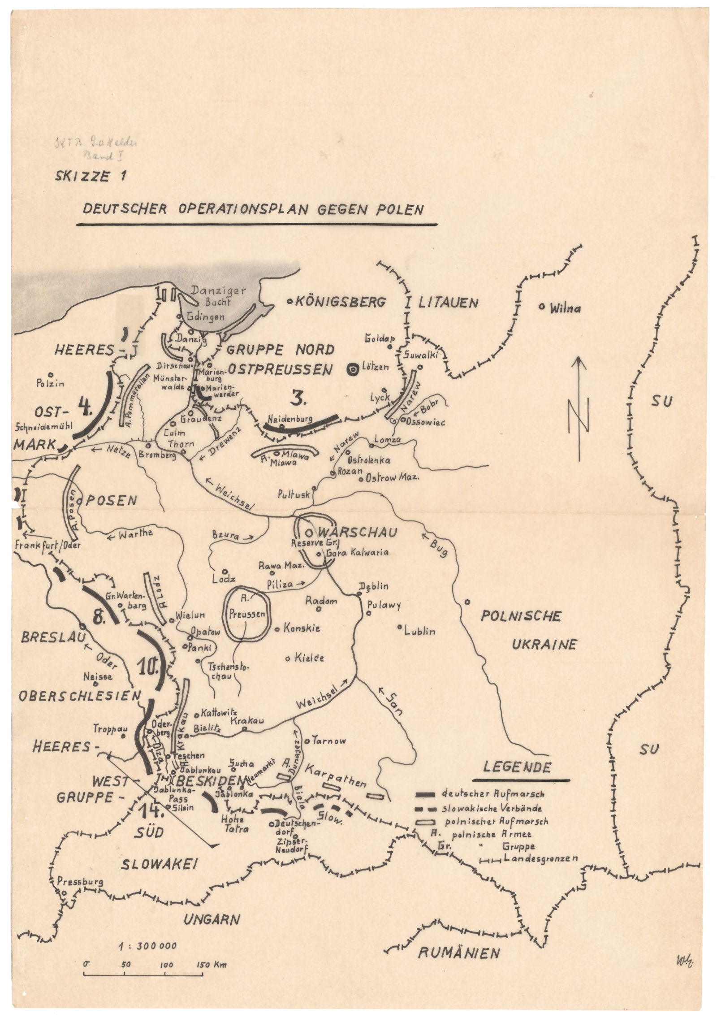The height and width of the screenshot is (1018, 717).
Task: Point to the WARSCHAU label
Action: pyautogui.click(x=358, y=533)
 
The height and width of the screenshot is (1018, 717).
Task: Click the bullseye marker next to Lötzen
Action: pyautogui.click(x=353, y=369)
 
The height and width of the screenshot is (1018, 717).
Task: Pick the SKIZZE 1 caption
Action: pyautogui.click(x=90, y=176)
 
